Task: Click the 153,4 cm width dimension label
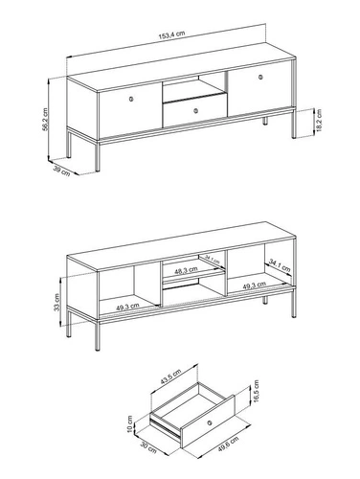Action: (x=171, y=34)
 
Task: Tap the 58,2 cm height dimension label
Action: (x=45, y=119)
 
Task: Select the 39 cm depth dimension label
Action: (x=61, y=171)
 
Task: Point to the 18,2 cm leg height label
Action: (x=319, y=121)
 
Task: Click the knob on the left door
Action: (x=131, y=99)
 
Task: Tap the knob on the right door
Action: (x=260, y=77)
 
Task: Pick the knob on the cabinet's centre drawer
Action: (x=196, y=110)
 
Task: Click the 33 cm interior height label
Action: (x=56, y=302)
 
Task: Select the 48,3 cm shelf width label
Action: (x=186, y=270)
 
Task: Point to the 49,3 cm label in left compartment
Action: (x=127, y=307)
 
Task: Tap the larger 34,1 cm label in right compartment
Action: (x=280, y=265)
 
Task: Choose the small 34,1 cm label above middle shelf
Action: (x=213, y=260)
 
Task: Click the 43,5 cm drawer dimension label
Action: (x=170, y=376)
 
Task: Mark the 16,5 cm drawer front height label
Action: (x=257, y=391)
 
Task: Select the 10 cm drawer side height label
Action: (x=129, y=424)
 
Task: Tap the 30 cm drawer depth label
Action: (x=148, y=447)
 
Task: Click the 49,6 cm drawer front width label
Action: (x=229, y=445)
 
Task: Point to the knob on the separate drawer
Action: (x=210, y=422)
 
